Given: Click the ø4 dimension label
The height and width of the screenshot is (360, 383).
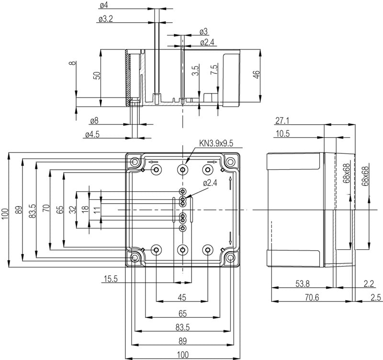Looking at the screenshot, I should (103, 5).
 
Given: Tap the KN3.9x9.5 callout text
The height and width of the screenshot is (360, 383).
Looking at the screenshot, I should (216, 143).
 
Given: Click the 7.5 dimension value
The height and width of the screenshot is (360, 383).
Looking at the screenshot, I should (214, 69).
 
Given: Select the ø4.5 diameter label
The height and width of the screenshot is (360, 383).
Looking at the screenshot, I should (92, 135).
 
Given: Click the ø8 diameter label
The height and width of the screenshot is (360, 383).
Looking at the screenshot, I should (94, 121).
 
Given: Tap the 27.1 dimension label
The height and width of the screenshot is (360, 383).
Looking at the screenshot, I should (282, 120).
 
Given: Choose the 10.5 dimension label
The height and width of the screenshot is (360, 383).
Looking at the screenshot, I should (282, 134).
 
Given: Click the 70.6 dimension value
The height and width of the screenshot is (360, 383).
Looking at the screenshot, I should (312, 298).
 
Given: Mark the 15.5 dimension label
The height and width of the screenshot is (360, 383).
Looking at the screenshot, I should (110, 279).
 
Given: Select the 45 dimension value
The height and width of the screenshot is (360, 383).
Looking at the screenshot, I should (181, 298).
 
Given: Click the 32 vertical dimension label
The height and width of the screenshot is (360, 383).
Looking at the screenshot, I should (72, 209).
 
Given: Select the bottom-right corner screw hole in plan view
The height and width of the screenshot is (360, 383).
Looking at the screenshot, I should (231, 258).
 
